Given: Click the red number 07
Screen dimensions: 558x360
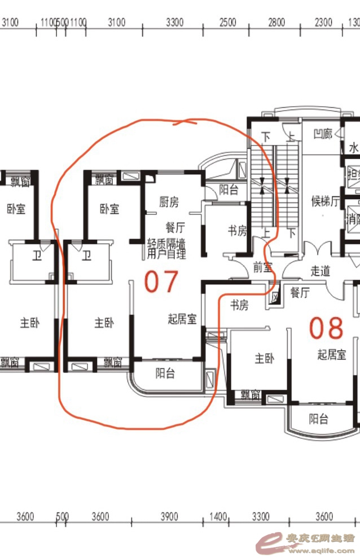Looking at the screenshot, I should pos(161,282).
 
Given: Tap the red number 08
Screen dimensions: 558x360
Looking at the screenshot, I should pos(327,328).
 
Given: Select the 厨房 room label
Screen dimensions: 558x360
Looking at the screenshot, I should pos(169,202).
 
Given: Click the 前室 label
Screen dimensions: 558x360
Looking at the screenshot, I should pos(262,267).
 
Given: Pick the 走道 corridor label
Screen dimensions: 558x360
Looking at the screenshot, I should pos(320,271).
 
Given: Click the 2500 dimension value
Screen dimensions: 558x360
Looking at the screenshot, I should pos(227,23).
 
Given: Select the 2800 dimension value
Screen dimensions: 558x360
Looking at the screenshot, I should pos(276,23).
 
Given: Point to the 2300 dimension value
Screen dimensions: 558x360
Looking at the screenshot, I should pos(323,23).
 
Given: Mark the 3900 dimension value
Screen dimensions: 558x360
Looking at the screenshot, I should pos(169,516).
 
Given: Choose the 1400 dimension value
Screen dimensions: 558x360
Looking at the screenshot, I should pos(218,516).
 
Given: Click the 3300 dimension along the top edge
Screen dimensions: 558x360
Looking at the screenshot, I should pos(175,23).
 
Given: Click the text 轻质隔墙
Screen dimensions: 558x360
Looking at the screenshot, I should pos(166,244).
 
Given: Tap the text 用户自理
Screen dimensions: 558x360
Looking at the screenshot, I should pos(166,254).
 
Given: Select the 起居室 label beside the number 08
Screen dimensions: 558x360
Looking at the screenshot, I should pos(331,354).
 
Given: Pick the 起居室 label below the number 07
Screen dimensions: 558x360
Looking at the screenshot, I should pos(182,319).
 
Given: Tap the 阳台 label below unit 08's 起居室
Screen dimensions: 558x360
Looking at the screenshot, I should pos(319,419).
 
